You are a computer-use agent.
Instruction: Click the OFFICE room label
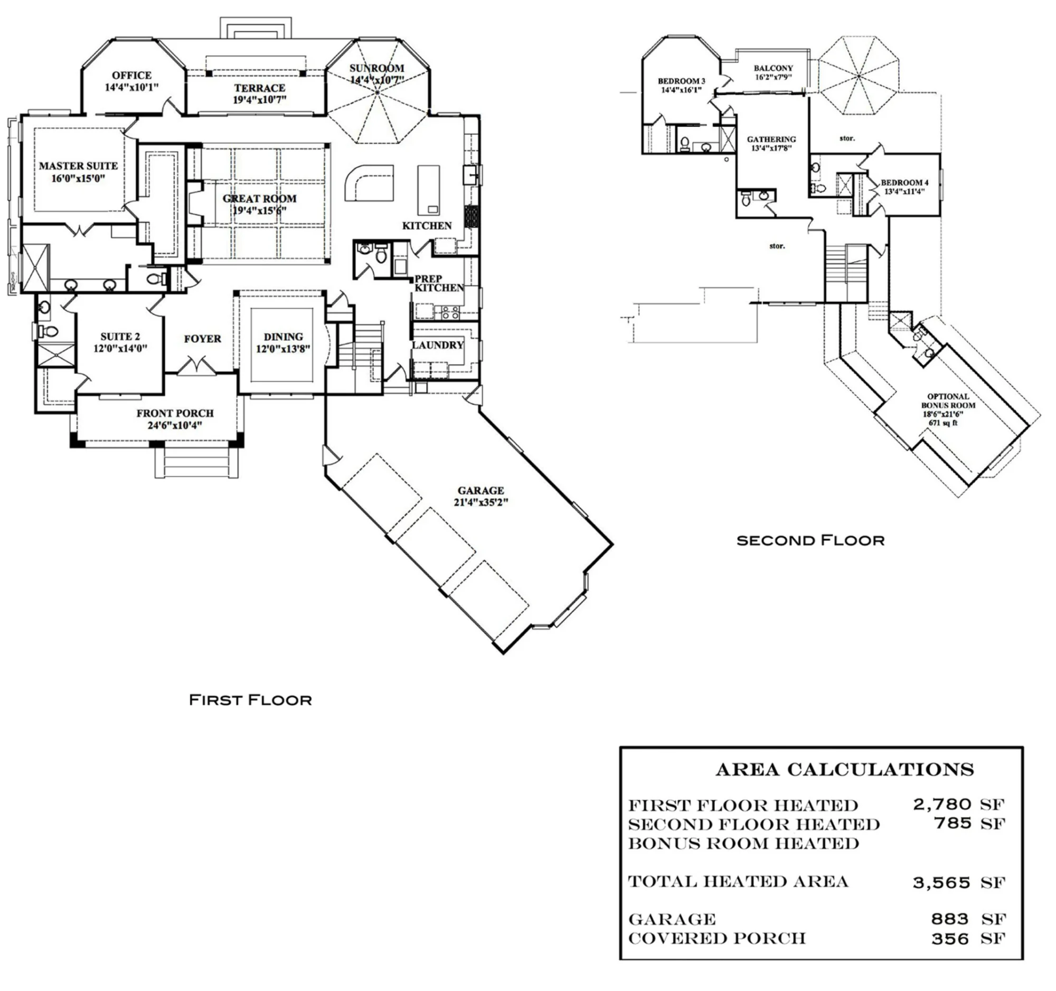(131, 76)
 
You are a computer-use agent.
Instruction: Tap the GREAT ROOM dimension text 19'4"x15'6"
(259, 211)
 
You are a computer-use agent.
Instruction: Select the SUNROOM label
(376, 69)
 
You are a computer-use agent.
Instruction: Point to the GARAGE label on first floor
(480, 490)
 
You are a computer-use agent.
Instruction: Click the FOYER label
(202, 339)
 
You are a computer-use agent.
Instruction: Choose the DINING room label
(283, 337)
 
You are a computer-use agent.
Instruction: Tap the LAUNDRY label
(438, 345)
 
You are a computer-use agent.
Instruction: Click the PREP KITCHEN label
(439, 283)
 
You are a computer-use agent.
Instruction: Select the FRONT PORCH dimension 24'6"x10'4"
(175, 426)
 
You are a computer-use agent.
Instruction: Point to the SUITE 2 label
(120, 337)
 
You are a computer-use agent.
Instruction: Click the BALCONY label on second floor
(773, 69)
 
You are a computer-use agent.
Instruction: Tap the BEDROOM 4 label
(904, 183)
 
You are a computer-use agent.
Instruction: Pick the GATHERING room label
(771, 140)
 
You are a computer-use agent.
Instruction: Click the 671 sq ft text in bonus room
(943, 423)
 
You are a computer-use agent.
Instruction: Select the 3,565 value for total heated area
(941, 883)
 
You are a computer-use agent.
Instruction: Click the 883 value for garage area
(950, 919)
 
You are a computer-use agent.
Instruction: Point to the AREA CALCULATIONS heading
(845, 770)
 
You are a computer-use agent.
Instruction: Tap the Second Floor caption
(810, 541)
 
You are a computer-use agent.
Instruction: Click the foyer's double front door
(196, 366)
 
